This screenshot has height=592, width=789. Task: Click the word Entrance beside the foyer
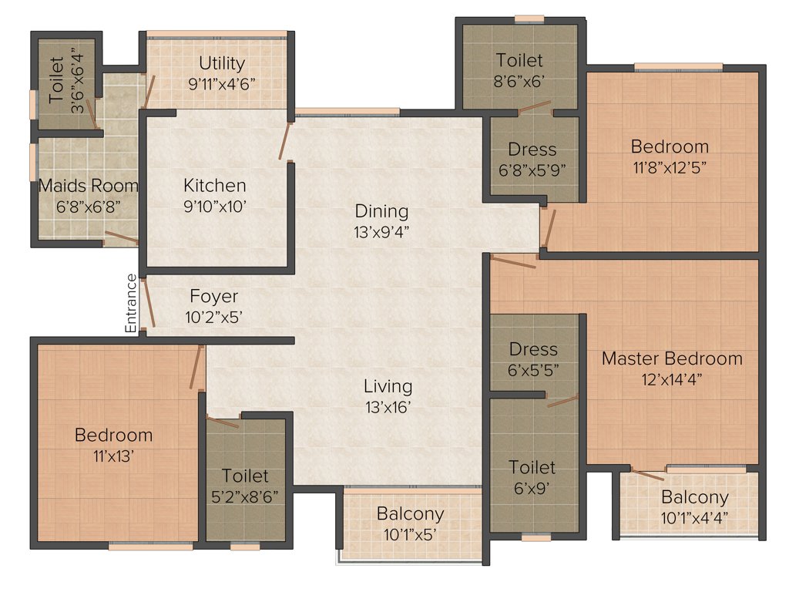pyautogui.click(x=131, y=304)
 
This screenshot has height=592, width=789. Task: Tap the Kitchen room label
pyautogui.click(x=215, y=186)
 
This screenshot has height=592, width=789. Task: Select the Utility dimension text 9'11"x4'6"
pyautogui.click(x=222, y=83)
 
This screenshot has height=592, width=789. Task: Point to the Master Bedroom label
pyautogui.click(x=672, y=358)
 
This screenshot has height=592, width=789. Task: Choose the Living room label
pyautogui.click(x=388, y=386)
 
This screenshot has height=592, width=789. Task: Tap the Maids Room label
pyautogui.click(x=89, y=186)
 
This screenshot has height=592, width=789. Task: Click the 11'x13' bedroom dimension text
pyautogui.click(x=113, y=455)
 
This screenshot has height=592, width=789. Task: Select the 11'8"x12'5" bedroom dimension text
pyautogui.click(x=670, y=166)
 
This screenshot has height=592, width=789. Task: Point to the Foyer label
pyautogui.click(x=214, y=297)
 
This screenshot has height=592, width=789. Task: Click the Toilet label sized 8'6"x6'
pyautogui.click(x=519, y=60)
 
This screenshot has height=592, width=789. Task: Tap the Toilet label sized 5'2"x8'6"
pyautogui.click(x=246, y=476)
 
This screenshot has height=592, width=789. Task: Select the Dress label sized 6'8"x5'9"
pyautogui.click(x=532, y=150)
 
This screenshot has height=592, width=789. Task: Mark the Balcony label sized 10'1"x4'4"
pyautogui.click(x=694, y=497)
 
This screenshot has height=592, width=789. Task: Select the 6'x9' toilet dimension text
pyautogui.click(x=532, y=488)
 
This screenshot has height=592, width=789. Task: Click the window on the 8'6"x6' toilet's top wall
pyautogui.click(x=529, y=18)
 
